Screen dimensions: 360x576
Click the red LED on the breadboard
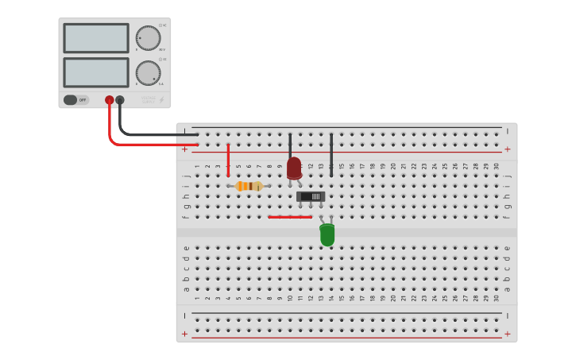(294, 168)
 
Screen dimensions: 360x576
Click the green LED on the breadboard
(327, 234)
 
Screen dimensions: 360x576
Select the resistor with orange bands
(249, 186)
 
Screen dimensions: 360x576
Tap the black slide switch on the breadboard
(311, 195)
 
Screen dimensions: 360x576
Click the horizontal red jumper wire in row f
(290, 216)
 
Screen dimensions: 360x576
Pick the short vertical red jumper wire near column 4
(228, 160)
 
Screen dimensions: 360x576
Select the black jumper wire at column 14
(331, 153)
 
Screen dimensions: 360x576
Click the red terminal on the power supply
(110, 100)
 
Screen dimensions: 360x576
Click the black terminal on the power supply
(120, 100)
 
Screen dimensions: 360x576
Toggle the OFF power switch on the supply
(76, 100)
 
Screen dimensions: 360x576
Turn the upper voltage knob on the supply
(148, 38)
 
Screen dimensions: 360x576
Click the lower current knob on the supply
(148, 73)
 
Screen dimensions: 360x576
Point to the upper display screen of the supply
(96, 38)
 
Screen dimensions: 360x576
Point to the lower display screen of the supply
(96, 72)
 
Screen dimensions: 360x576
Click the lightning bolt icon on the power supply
(162, 100)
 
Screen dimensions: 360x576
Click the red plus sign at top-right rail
(507, 149)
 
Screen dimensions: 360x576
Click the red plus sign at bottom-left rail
(185, 334)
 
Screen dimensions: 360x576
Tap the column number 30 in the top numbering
(497, 166)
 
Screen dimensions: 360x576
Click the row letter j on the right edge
(508, 176)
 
